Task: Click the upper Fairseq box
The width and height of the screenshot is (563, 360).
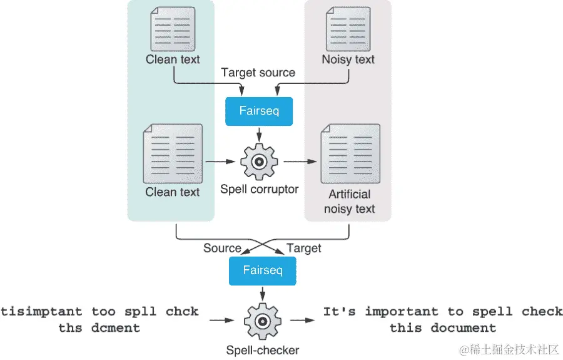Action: point(259,111)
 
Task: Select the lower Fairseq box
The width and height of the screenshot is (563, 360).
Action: point(263,271)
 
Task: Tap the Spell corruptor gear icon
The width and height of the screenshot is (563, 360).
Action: point(259,162)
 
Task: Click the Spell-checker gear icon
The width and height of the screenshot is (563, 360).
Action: point(263,321)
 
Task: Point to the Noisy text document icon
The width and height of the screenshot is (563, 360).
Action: point(348,29)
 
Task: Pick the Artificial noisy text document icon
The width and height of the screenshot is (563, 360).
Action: point(350,154)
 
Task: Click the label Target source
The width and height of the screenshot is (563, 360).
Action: point(258,73)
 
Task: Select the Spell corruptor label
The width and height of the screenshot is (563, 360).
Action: point(259,189)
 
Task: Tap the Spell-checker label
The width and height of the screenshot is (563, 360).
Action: point(263,351)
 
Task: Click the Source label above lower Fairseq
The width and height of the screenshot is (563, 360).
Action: point(222,248)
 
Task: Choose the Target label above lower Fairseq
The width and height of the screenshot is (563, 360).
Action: point(304,249)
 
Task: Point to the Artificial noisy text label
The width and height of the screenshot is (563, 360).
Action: point(349,202)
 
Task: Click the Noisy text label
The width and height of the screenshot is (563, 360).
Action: point(348,59)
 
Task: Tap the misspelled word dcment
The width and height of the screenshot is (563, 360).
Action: point(116,327)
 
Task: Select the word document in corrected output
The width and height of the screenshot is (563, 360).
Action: point(463,327)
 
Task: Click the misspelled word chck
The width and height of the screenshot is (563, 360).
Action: point(182,311)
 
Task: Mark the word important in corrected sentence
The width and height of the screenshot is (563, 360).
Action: point(402,312)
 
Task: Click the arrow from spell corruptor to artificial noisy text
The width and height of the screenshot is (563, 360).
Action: point(300,162)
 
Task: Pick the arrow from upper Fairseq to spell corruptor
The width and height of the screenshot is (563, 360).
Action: point(259,134)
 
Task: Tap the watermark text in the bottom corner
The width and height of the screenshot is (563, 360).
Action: point(509,349)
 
